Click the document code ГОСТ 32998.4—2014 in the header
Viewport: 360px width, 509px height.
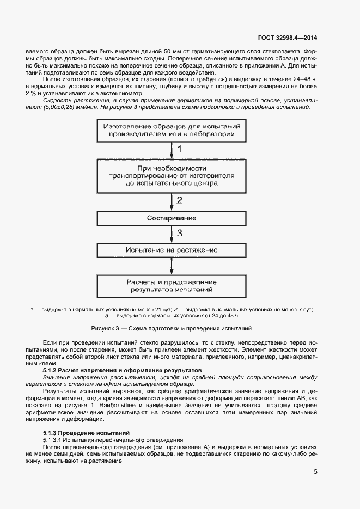(287, 38)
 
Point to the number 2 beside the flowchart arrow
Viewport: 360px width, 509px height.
(180, 200)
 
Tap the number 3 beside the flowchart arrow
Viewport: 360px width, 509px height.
(180, 234)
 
